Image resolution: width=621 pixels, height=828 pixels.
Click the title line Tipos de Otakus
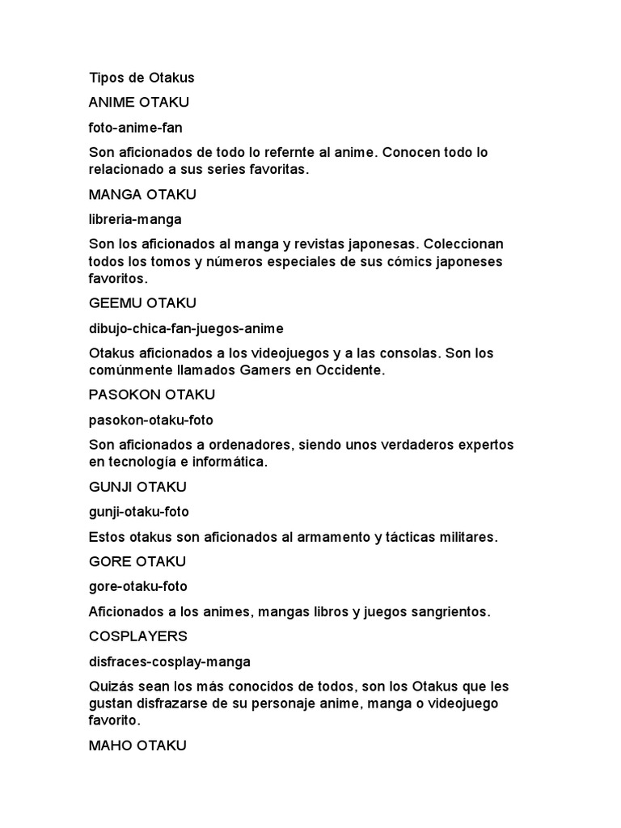(142, 78)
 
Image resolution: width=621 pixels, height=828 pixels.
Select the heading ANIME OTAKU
(139, 103)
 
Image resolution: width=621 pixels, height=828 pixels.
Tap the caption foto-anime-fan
(136, 128)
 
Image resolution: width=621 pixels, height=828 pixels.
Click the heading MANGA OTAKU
(142, 194)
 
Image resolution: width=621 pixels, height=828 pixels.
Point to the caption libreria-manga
(135, 219)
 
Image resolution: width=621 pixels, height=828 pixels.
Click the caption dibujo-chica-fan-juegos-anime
(186, 327)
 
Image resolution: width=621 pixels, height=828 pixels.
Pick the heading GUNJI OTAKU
(137, 487)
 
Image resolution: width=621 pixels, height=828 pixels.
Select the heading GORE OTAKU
(137, 561)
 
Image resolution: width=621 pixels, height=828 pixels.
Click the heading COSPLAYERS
(137, 636)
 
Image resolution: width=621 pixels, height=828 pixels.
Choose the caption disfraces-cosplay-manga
(169, 661)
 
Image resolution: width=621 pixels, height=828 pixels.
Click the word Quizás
(112, 686)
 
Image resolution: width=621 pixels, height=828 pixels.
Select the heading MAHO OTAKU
(137, 745)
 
